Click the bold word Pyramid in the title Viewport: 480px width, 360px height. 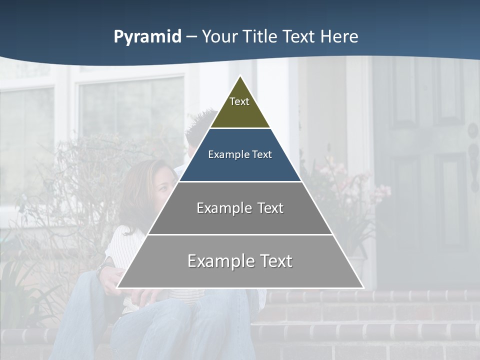tap(147, 37)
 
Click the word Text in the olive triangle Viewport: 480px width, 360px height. tap(239, 101)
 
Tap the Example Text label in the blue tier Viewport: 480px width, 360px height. tap(240, 154)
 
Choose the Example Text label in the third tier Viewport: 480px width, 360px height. tap(240, 208)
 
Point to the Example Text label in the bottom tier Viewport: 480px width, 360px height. tap(240, 261)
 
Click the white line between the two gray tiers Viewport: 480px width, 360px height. tap(240, 234)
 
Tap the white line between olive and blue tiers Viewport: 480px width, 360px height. tap(240, 128)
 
